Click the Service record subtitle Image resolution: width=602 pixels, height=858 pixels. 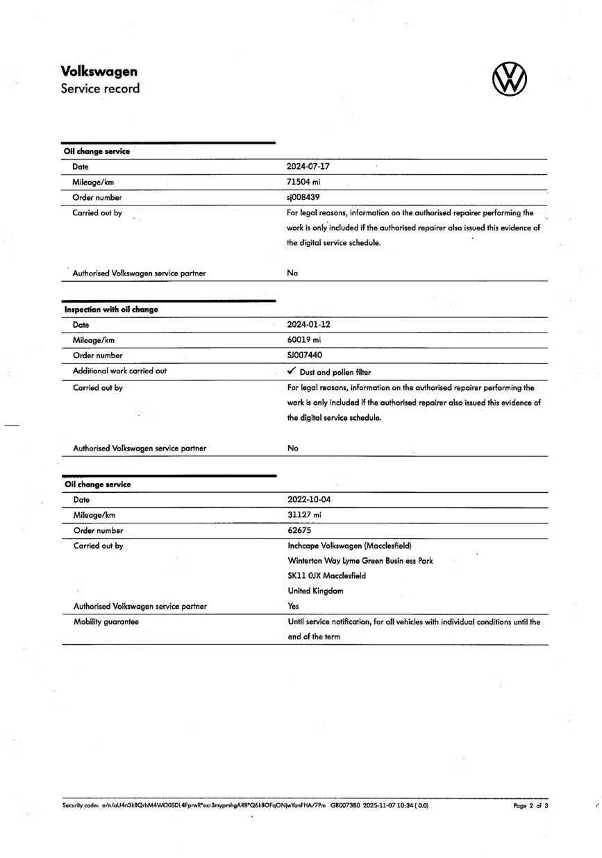100,88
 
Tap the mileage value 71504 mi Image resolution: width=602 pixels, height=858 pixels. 303,182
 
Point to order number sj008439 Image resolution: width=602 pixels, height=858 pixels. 303,197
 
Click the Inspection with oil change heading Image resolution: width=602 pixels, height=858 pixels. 111,310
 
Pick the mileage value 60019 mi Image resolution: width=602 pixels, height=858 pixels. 304,340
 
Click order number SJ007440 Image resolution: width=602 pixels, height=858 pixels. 305,355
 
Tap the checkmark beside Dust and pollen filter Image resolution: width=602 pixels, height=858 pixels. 292,371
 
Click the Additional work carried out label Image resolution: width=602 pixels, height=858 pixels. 119,371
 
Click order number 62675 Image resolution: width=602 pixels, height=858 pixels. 299,530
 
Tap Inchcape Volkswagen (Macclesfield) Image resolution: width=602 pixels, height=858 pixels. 349,546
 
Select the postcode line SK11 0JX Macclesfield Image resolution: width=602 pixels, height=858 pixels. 326,575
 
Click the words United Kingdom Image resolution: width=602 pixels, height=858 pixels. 315,591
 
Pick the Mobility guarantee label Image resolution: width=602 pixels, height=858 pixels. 106,621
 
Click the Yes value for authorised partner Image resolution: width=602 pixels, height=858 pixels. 294,606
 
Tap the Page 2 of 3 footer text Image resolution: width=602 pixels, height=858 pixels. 530,806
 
